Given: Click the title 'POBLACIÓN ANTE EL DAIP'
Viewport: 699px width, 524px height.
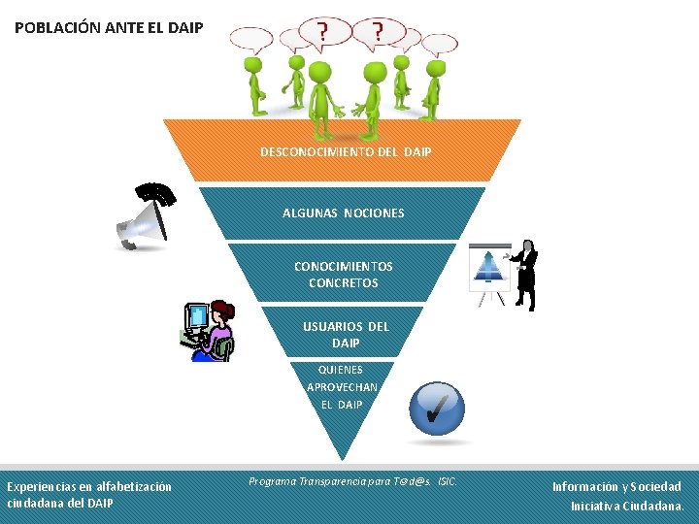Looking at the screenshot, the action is [x=109, y=27].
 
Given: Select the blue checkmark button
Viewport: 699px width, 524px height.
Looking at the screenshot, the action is [x=438, y=409].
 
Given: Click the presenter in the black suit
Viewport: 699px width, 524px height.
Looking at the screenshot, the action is [x=525, y=272].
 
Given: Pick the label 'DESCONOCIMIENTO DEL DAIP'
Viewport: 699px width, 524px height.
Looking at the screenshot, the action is [x=346, y=152].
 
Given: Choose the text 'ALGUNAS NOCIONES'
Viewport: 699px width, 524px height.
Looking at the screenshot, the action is [x=343, y=213].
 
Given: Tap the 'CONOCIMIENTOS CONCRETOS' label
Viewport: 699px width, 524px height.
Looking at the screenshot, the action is [x=343, y=275].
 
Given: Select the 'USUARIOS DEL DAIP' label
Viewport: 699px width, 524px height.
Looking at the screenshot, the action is [x=345, y=335].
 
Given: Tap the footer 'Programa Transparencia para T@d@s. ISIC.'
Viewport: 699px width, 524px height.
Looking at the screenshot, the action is [x=352, y=481].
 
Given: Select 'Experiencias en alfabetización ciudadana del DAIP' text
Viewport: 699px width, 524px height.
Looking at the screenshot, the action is [x=89, y=495].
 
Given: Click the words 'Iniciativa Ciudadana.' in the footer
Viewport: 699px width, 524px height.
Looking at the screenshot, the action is [x=627, y=506].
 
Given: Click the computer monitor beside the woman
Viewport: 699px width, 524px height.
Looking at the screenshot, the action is [x=198, y=320].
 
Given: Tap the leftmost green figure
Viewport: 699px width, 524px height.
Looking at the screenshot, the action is [x=256, y=83].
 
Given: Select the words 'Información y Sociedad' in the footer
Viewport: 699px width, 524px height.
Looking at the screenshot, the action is [x=616, y=486].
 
